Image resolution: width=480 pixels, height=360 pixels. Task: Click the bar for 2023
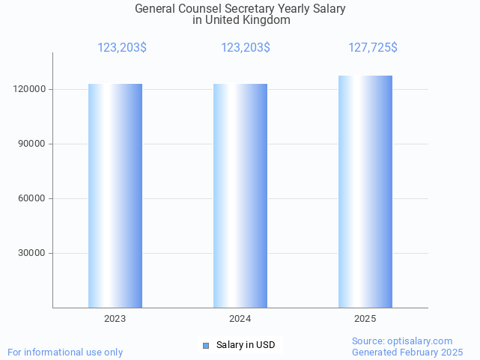point(115,195)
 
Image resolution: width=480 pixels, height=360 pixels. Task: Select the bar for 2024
point(240,195)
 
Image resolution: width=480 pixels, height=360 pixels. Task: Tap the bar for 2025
point(365,192)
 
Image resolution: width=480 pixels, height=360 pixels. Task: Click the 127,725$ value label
point(373,48)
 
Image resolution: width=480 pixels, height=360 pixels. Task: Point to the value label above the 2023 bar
point(122,48)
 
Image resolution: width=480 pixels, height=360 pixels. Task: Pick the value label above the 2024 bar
point(246,48)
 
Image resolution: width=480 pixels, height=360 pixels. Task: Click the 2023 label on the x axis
point(115,319)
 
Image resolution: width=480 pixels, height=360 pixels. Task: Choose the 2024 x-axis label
point(240,319)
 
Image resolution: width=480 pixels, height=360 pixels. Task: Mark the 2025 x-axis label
point(365,319)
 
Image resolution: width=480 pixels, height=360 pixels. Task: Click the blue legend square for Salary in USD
point(207,345)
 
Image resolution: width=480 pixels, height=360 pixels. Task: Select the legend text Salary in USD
point(246,345)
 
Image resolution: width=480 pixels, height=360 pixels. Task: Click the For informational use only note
point(65,352)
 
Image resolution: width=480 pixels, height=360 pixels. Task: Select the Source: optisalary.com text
point(402,341)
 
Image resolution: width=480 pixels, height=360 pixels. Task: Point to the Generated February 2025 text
point(407,352)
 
